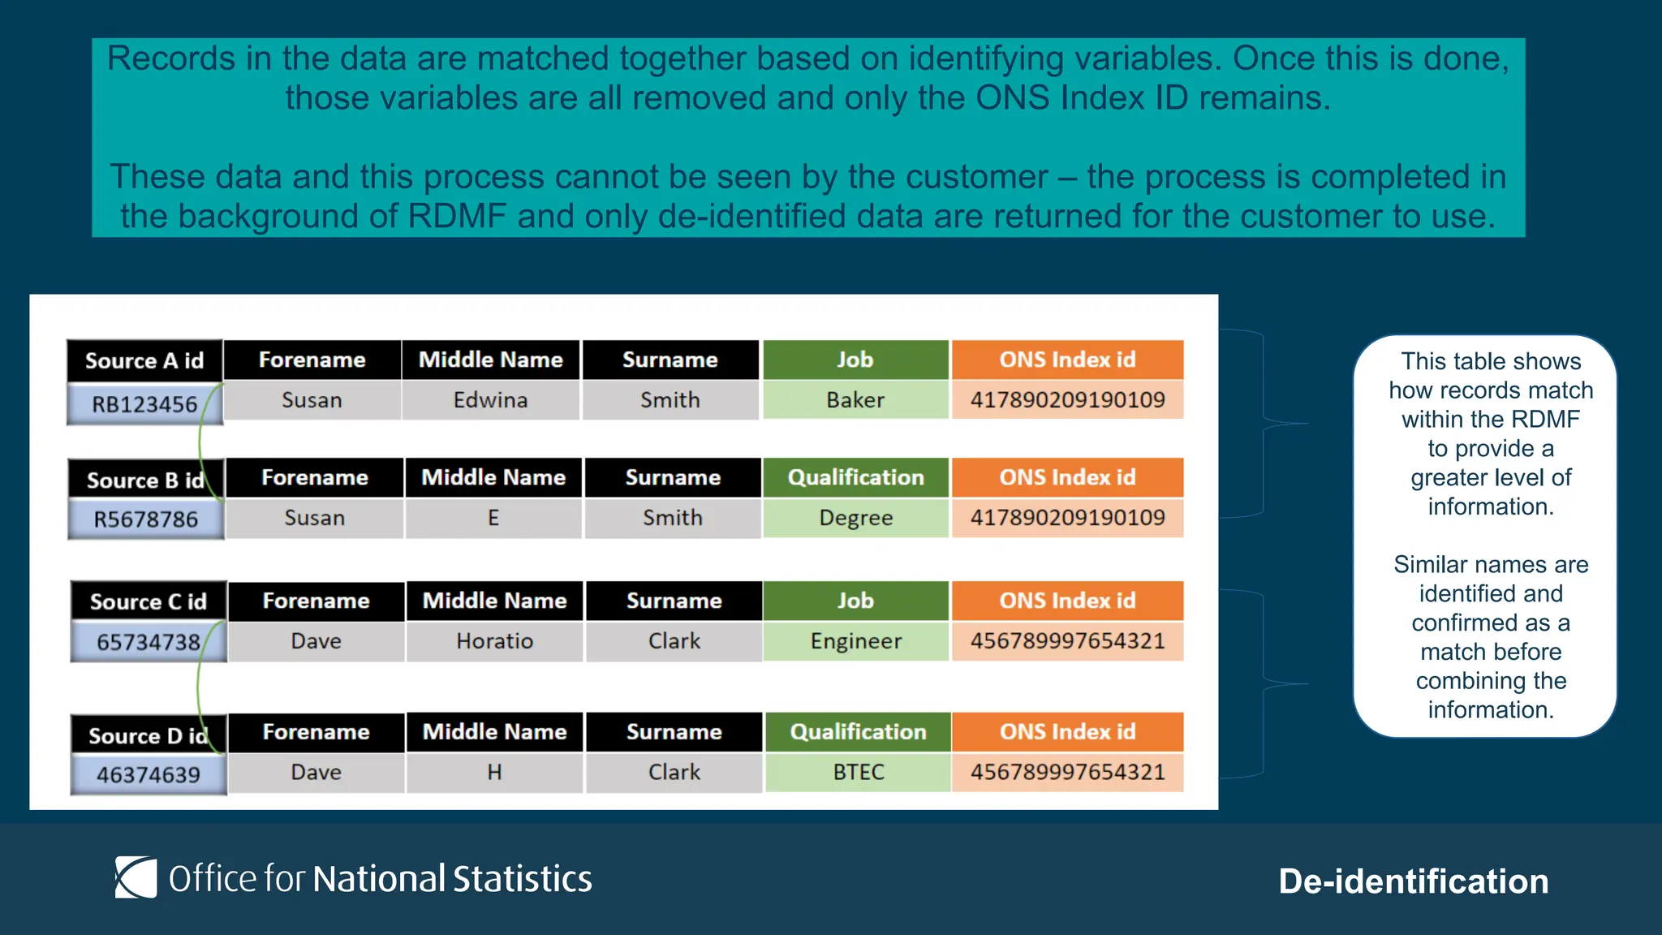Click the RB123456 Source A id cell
pos(144,403)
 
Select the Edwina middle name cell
pos(490,400)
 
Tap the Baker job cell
pos(855,400)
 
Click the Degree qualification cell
pos(855,518)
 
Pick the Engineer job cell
pos(855,641)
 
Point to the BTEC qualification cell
pos(858,772)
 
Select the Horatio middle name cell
pos(494,641)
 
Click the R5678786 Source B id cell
pos(145,519)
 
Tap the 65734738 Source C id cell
pos(148,642)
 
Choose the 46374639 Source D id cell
pos(148,774)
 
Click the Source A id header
pos(144,360)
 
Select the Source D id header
pos(148,735)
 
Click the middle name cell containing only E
pos(493,518)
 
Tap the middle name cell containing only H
pos(494,772)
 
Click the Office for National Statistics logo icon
pos(136,877)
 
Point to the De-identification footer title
pos(1413,881)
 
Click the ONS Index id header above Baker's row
pos(1066,360)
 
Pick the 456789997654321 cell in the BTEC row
pos(1066,772)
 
